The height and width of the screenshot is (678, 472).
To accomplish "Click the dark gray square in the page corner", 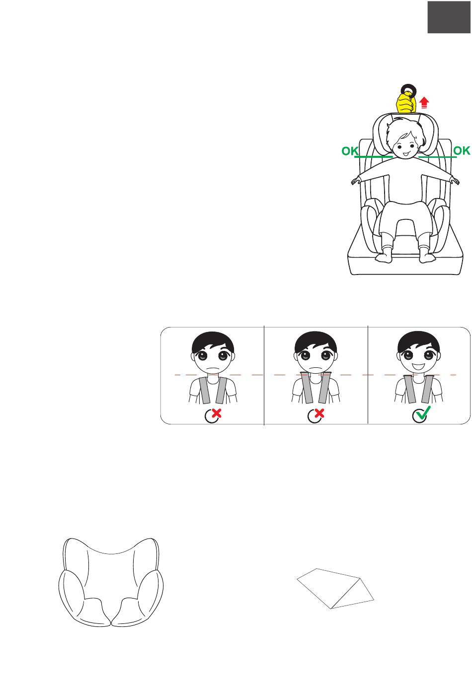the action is click(449, 17).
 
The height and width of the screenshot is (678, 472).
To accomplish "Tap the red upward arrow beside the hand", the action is click(424, 103).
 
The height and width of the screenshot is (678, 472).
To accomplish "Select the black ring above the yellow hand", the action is click(408, 90).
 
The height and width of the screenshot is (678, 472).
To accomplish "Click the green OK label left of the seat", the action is click(350, 151).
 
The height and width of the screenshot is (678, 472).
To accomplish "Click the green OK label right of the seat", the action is click(462, 150).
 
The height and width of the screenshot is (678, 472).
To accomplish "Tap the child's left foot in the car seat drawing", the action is click(427, 257).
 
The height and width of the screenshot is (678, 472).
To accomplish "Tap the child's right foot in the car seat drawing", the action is click(384, 257).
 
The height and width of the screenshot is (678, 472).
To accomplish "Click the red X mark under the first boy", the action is click(216, 413).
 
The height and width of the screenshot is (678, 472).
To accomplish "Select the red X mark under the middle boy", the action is click(319, 413).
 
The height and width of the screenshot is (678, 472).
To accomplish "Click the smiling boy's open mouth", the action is click(419, 367).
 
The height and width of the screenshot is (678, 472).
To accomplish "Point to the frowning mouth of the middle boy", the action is click(315, 368).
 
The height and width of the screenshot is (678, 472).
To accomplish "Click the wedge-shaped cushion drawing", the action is click(335, 588).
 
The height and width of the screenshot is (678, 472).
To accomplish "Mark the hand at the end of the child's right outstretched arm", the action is click(356, 181).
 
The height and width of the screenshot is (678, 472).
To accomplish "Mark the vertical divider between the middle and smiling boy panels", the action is click(368, 375).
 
